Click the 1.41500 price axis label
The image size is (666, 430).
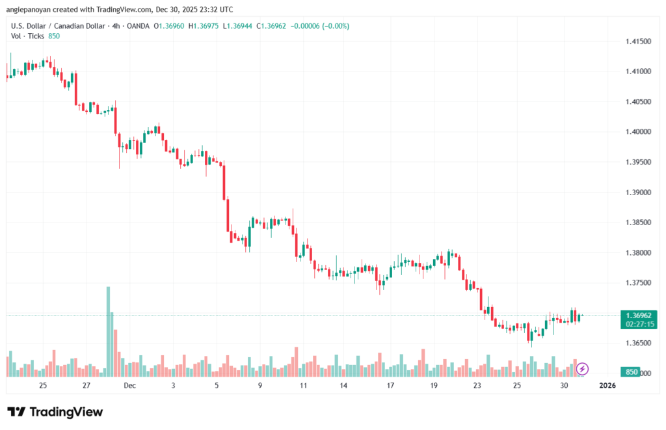tap(638, 41)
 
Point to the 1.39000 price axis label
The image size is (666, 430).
tap(638, 193)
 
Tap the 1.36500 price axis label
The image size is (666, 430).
tap(638, 343)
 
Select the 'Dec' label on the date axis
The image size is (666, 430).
tap(130, 385)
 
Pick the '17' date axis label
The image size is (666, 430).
tap(390, 385)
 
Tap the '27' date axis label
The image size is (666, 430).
tap(87, 385)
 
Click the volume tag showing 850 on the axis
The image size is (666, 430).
tap(631, 372)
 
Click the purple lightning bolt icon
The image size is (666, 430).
tap(583, 369)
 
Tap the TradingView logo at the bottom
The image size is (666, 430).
tap(55, 412)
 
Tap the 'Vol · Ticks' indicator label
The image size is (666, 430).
tap(28, 36)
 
